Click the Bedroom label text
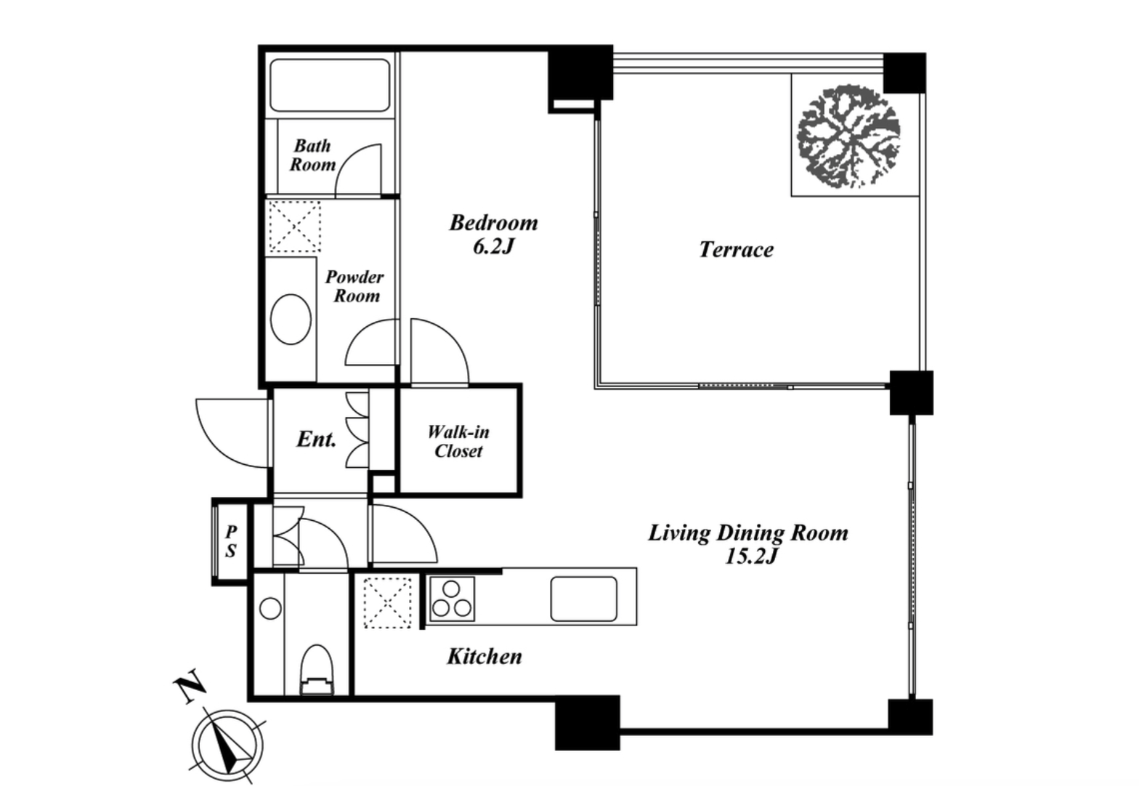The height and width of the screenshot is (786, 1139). (x=493, y=223)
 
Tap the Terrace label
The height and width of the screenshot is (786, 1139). (x=736, y=250)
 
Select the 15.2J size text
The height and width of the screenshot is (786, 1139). (x=751, y=556)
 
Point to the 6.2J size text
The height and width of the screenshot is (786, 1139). (x=494, y=246)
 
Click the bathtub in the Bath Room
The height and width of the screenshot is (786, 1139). (x=330, y=85)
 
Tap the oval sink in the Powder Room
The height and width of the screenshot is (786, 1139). (x=291, y=320)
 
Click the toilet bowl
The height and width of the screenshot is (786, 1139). (x=317, y=669)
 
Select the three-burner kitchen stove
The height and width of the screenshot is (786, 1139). (x=452, y=599)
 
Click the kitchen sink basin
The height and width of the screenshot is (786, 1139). (x=584, y=599)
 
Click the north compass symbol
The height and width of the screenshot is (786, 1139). (x=227, y=746)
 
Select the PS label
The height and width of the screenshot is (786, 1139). (x=231, y=541)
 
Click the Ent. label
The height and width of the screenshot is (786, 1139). (x=316, y=439)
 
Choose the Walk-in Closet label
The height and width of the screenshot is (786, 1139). (x=458, y=441)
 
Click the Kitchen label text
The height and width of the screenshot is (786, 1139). (x=484, y=657)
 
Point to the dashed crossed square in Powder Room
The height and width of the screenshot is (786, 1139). (x=294, y=226)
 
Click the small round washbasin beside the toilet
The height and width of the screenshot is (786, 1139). (x=270, y=609)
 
